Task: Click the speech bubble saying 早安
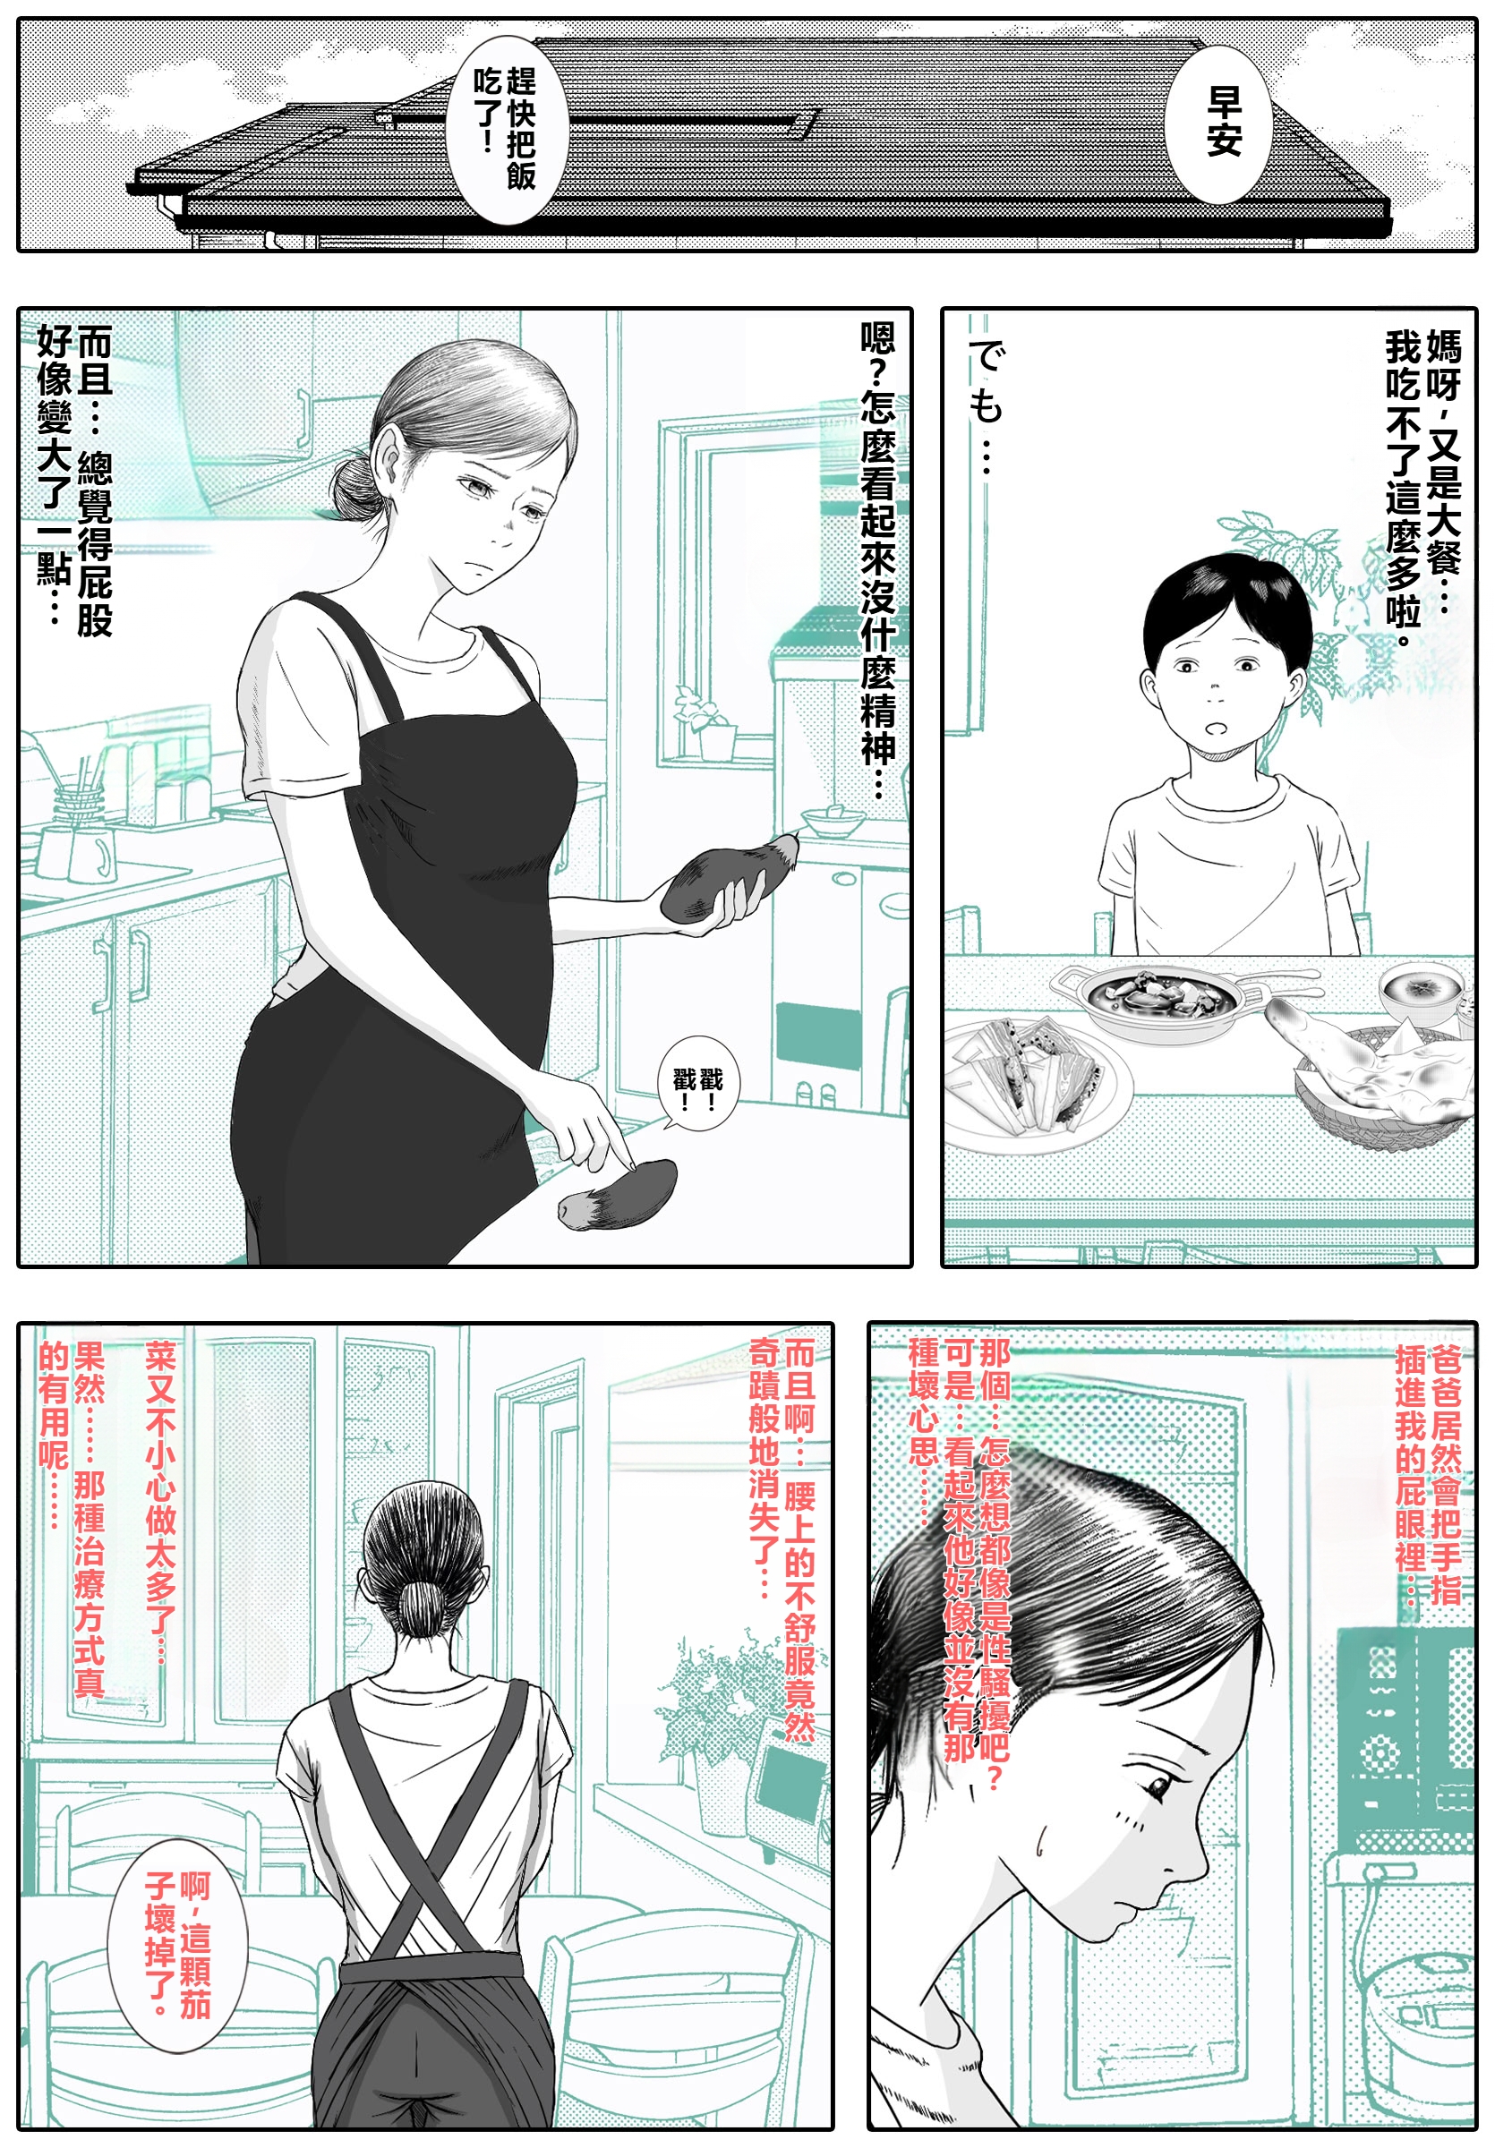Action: [x=1217, y=123]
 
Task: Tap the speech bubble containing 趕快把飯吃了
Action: [x=504, y=129]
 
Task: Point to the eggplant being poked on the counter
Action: [x=618, y=1195]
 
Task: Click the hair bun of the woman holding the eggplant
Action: [x=355, y=489]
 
